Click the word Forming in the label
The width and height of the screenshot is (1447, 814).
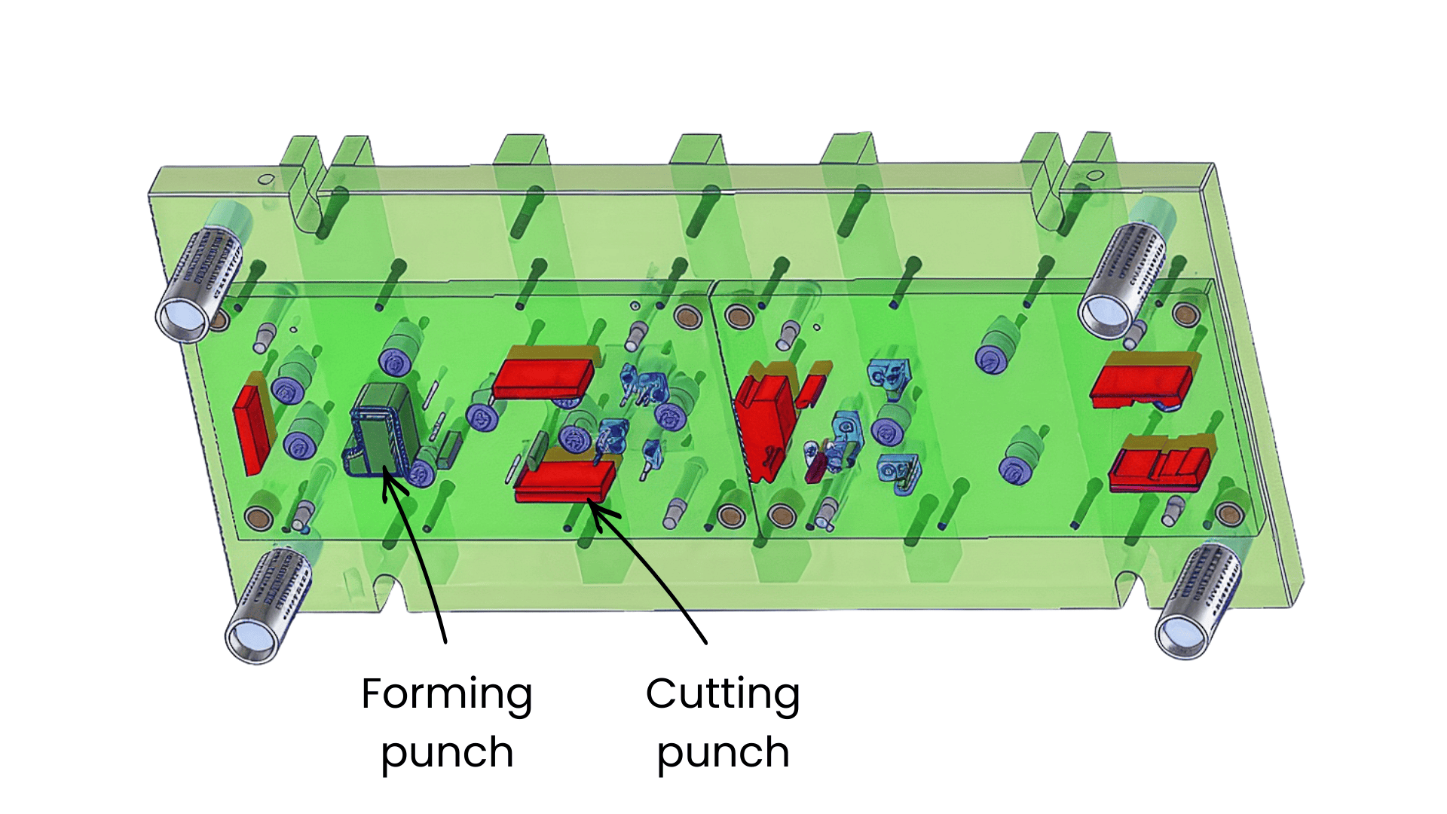pos(447,694)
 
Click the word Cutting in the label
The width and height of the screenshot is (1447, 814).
pos(722,694)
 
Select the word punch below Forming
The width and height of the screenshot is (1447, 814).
pos(447,753)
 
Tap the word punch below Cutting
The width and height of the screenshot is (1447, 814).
pos(723,753)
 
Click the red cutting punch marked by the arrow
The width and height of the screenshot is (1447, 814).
pos(565,481)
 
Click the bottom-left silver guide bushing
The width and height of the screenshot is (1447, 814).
pos(268,603)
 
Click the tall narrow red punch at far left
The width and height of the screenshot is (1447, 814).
pos(252,427)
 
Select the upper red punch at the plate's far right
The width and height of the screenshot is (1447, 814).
pos(1142,381)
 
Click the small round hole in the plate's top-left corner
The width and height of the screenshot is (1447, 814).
pos(266,179)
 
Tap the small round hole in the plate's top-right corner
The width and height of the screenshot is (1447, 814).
pos(1095,176)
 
